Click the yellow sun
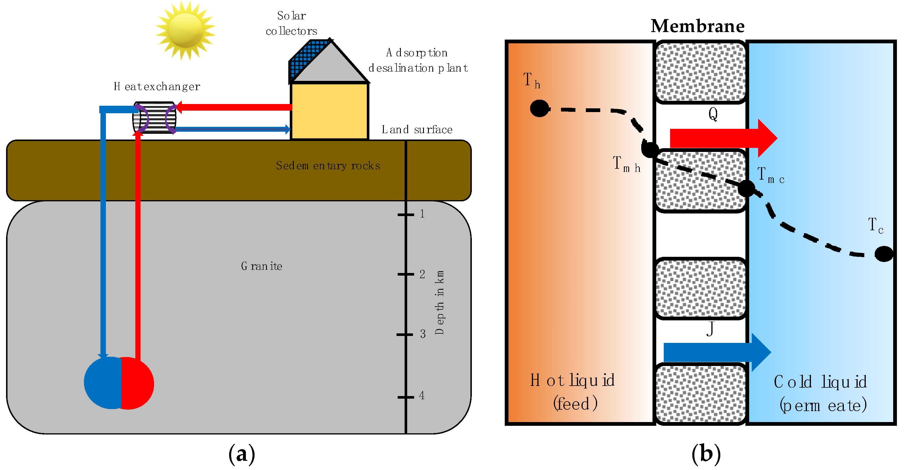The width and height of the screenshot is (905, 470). pos(186,30)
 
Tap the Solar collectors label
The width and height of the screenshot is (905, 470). pos(291,23)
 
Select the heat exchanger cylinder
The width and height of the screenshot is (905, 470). pos(155,118)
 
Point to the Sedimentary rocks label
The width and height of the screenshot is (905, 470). pos(328,166)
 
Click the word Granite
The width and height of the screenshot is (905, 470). pos(262,266)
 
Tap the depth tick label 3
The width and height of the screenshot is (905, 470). pos(423,334)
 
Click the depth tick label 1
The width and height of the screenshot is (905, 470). pos(422,214)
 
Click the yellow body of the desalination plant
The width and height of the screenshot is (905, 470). pos(330,111)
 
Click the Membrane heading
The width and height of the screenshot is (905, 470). pos(698,26)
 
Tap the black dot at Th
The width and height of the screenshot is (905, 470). pos(539,108)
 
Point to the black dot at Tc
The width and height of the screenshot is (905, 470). pos(884,254)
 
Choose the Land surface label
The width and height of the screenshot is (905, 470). pos(417,129)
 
